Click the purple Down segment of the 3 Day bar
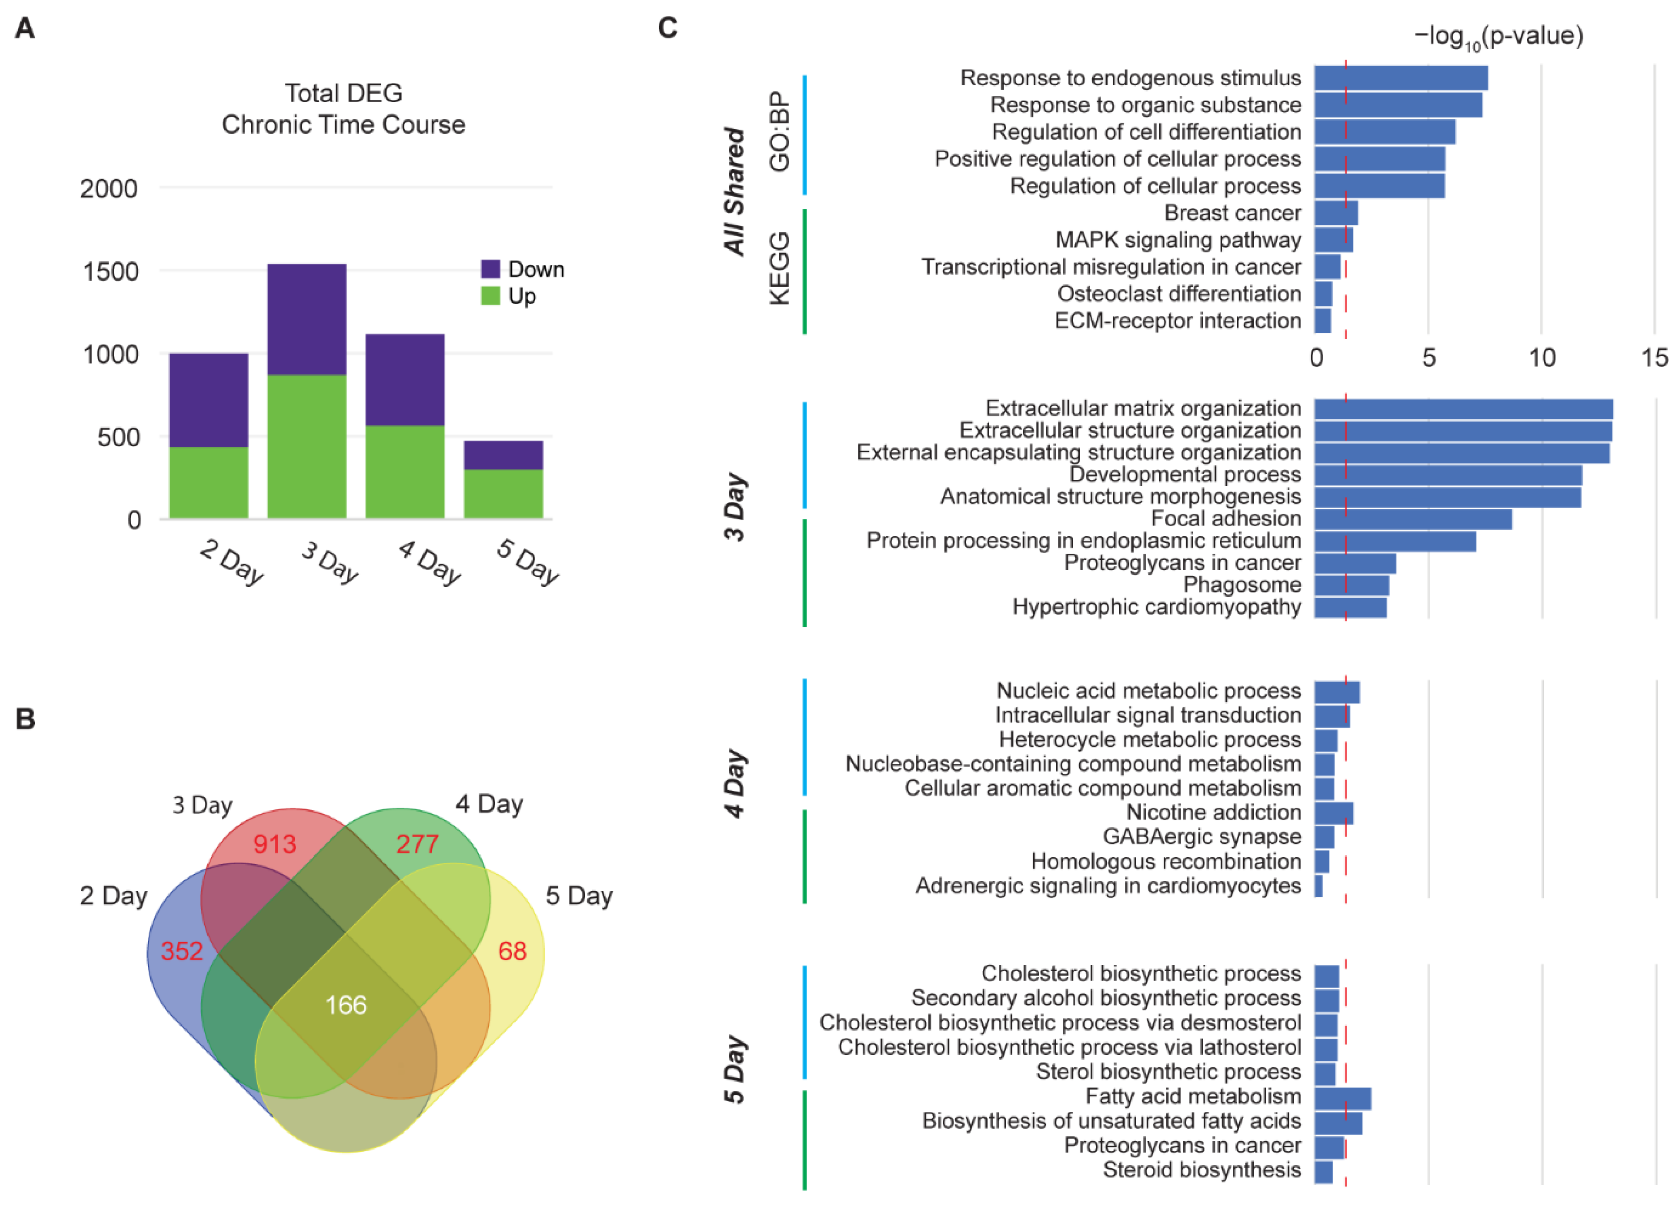click(307, 319)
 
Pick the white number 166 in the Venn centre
click(346, 1005)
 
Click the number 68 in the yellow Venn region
click(512, 951)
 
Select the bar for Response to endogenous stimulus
click(1401, 78)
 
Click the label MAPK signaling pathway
click(1178, 240)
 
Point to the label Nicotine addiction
click(1214, 812)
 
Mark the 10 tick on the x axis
click(1542, 358)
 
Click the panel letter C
click(668, 28)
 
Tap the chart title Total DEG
click(344, 93)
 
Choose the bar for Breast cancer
click(1336, 213)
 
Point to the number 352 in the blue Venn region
click(181, 951)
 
